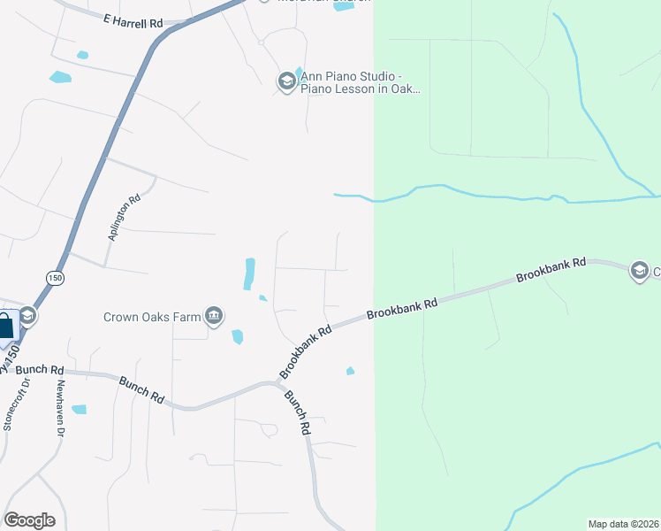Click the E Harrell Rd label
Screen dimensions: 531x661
coord(133,19)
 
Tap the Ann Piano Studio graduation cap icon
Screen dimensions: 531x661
coord(286,82)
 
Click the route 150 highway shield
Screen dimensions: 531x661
coord(56,277)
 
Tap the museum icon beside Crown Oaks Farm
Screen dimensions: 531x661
coord(214,315)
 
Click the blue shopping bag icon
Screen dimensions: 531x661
coord(5,327)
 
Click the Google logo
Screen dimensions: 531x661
coord(29,520)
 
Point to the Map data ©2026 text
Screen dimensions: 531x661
coord(623,523)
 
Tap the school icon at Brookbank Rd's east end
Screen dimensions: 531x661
coord(640,270)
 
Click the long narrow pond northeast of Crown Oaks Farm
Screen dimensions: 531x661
coord(249,273)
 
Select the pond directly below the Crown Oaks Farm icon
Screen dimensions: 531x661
coord(237,336)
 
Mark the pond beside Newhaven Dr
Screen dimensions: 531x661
coord(79,410)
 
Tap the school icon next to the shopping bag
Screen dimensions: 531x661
coord(27,316)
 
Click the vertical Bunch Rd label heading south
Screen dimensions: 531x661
coord(298,413)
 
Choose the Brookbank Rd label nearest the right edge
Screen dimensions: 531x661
coord(553,271)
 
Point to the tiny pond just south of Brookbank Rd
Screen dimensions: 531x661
coord(350,371)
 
